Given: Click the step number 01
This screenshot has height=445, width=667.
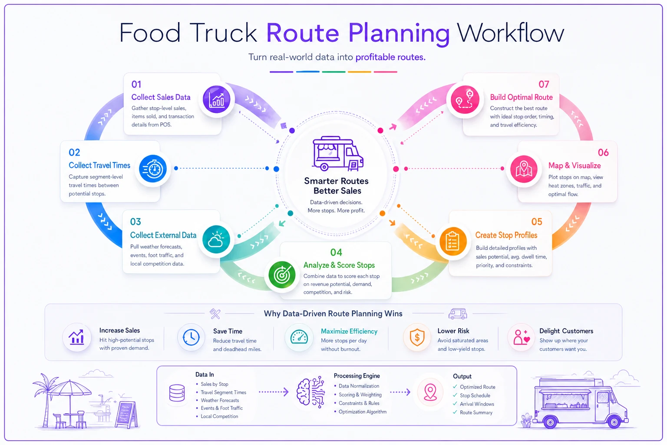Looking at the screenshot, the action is coord(136,84).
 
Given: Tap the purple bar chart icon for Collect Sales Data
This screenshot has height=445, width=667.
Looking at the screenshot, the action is coord(217,99).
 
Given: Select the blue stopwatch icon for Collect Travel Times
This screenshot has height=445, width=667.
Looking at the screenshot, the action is coord(153,169).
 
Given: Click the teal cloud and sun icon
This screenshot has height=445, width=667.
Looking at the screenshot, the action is coord(216,239).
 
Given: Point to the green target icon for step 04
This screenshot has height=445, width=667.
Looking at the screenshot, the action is coord(282,275).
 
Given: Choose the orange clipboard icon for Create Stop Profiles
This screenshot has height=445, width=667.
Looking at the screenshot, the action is coord(453,242).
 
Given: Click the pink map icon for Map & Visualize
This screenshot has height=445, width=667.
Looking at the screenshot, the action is coord(524,169).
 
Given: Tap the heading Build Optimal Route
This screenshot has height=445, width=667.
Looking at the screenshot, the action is coord(522,97).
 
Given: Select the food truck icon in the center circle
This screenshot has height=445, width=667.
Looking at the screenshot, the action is coord(338,154).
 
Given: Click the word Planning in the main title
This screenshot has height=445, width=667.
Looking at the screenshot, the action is coord(399,33).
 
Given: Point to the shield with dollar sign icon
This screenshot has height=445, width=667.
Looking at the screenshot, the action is coord(417,337).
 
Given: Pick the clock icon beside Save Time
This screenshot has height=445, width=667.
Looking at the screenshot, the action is coord(191,337).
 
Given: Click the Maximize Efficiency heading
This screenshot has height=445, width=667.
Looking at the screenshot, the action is coord(349,331).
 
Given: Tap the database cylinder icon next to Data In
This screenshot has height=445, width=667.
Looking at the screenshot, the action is coord(177,393).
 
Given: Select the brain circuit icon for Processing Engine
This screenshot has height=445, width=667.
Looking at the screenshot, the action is coord(310,392).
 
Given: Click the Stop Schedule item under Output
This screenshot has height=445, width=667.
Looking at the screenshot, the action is coord(475,395).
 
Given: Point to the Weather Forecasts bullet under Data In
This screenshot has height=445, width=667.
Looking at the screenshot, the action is coord(220,400).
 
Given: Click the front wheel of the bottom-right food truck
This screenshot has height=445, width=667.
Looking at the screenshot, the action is coord(614,422).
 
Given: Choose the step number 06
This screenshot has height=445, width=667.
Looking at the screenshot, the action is coord(603,153).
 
